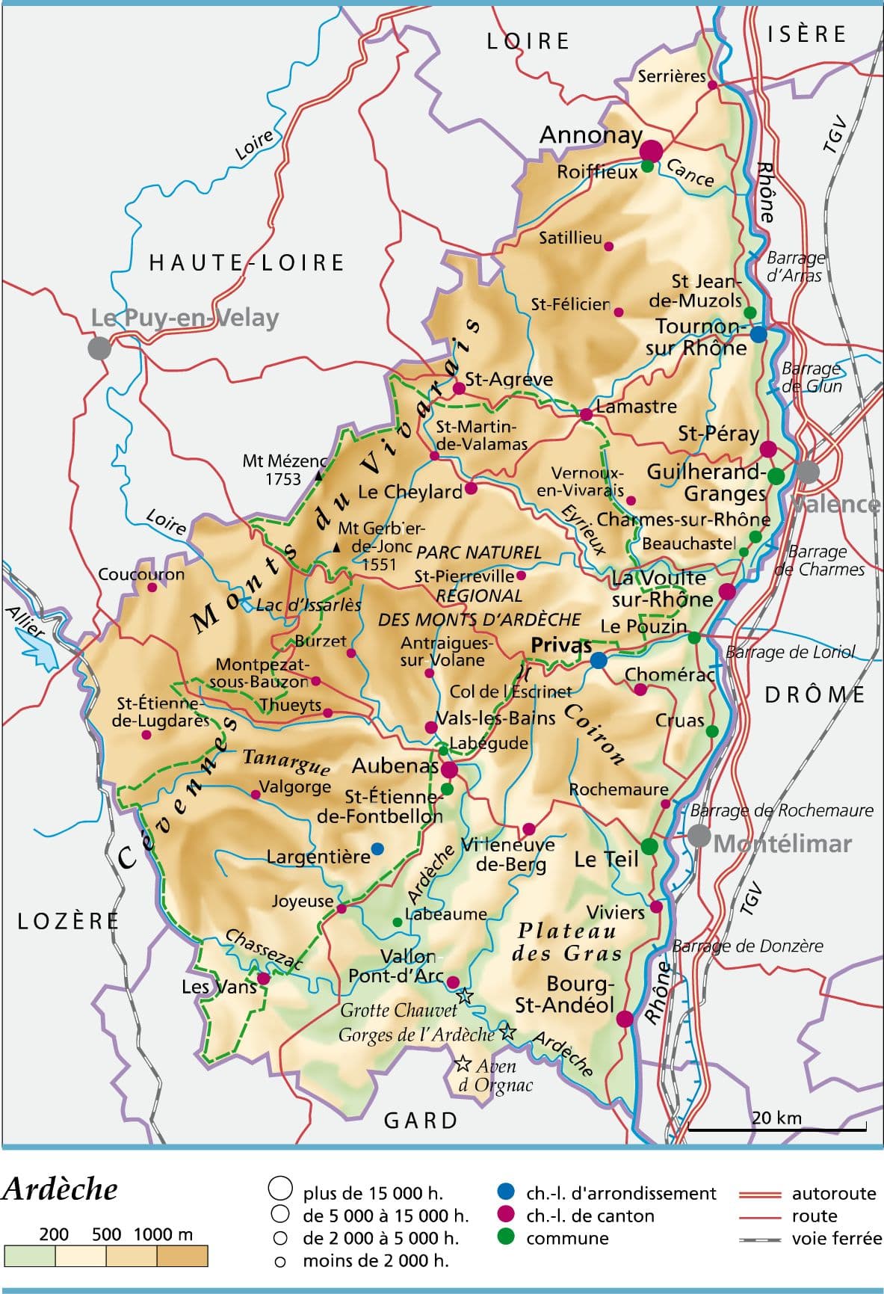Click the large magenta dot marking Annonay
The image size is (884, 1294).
point(651,150)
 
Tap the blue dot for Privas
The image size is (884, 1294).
point(599,661)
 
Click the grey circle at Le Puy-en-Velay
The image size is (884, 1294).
point(99,348)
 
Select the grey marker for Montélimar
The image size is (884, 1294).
point(699,836)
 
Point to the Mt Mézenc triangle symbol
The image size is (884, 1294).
point(318,474)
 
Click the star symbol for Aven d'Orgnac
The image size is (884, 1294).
point(463,1063)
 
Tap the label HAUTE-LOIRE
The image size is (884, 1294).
point(247,262)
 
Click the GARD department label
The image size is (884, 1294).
point(421,1120)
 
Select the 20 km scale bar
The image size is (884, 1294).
point(777,1128)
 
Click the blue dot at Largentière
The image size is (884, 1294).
point(377,848)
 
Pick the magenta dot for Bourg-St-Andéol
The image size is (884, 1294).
point(625,1019)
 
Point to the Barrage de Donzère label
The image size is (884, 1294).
point(747,946)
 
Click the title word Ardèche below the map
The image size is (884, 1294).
point(60,1189)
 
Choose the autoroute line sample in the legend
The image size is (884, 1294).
point(760,1194)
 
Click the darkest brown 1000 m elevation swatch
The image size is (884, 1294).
point(182,1256)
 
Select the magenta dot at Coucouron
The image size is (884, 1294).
point(152,588)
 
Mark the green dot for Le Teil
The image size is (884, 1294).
point(649,846)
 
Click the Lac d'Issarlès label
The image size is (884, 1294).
point(309,605)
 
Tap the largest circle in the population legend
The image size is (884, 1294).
point(280,1188)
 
